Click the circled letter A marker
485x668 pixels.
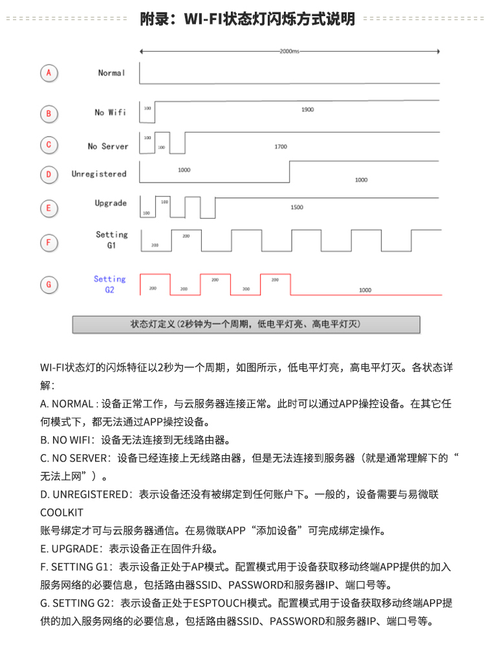pyautogui.click(x=49, y=73)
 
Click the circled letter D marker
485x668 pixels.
pyautogui.click(x=49, y=174)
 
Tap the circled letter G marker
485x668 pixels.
pyautogui.click(x=49, y=284)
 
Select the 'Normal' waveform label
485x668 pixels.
pyautogui.click(x=111, y=73)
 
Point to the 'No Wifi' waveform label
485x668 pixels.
pyautogui.click(x=110, y=113)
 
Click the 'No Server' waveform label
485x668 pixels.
pyautogui.click(x=108, y=146)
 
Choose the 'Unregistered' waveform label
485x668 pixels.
pyautogui.click(x=99, y=174)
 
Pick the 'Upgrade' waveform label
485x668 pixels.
pyautogui.click(x=111, y=203)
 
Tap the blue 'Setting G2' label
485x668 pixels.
pyautogui.click(x=110, y=284)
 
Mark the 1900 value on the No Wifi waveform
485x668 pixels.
pyautogui.click(x=307, y=110)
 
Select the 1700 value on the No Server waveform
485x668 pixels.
pyautogui.click(x=281, y=147)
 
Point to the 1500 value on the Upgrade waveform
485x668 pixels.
pyautogui.click(x=297, y=207)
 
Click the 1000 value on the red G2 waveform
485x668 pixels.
pyautogui.click(x=365, y=290)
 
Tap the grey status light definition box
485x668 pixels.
pyautogui.click(x=246, y=324)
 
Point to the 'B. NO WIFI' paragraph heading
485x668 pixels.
pyautogui.click(x=68, y=440)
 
